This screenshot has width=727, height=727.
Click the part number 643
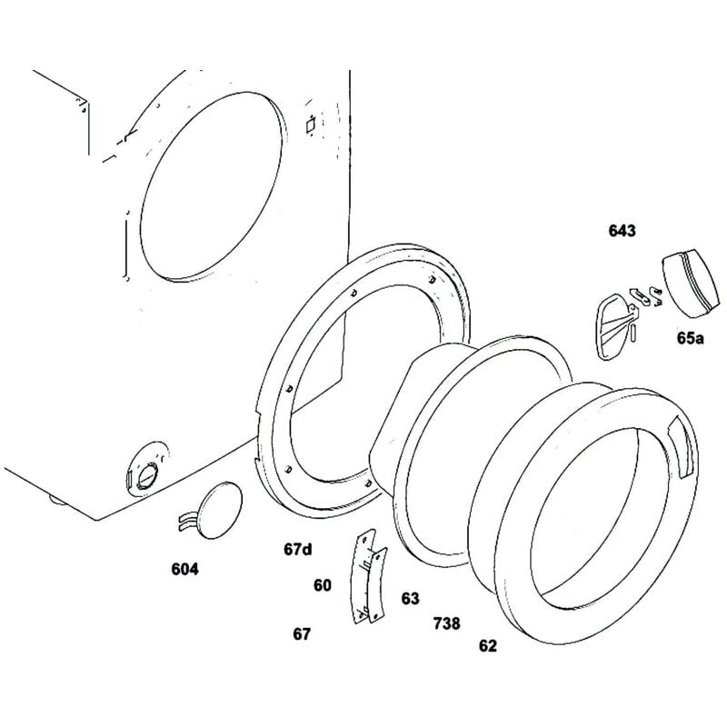(622, 231)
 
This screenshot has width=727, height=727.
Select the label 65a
(690, 338)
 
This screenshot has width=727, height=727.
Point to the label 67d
(297, 549)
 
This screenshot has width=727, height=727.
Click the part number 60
(323, 586)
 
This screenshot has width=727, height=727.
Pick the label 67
(302, 633)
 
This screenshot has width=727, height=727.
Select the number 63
(411, 598)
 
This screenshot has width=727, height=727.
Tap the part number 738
(446, 623)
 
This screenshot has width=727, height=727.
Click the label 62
(488, 646)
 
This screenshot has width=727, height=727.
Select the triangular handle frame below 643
(611, 323)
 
